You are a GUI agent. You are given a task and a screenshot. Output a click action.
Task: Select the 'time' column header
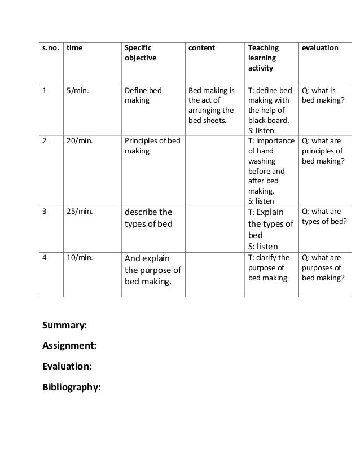click(74, 48)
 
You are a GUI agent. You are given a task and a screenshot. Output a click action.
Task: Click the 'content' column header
click(201, 48)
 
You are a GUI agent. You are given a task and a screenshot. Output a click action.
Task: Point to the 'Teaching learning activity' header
click(264, 58)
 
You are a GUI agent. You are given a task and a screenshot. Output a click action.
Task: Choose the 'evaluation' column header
click(321, 48)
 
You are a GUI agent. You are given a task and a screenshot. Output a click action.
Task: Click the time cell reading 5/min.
click(78, 90)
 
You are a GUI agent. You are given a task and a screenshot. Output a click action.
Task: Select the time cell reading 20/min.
click(80, 141)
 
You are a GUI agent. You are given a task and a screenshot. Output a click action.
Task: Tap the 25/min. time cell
click(80, 212)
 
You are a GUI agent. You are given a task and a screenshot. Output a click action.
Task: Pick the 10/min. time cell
click(80, 258)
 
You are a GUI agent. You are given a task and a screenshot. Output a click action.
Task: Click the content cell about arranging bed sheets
click(211, 105)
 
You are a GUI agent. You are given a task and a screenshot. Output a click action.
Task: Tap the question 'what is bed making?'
click(320, 95)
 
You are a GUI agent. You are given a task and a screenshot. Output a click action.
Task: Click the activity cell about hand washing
click(270, 170)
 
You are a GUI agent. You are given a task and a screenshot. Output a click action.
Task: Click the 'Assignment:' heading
click(69, 345)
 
